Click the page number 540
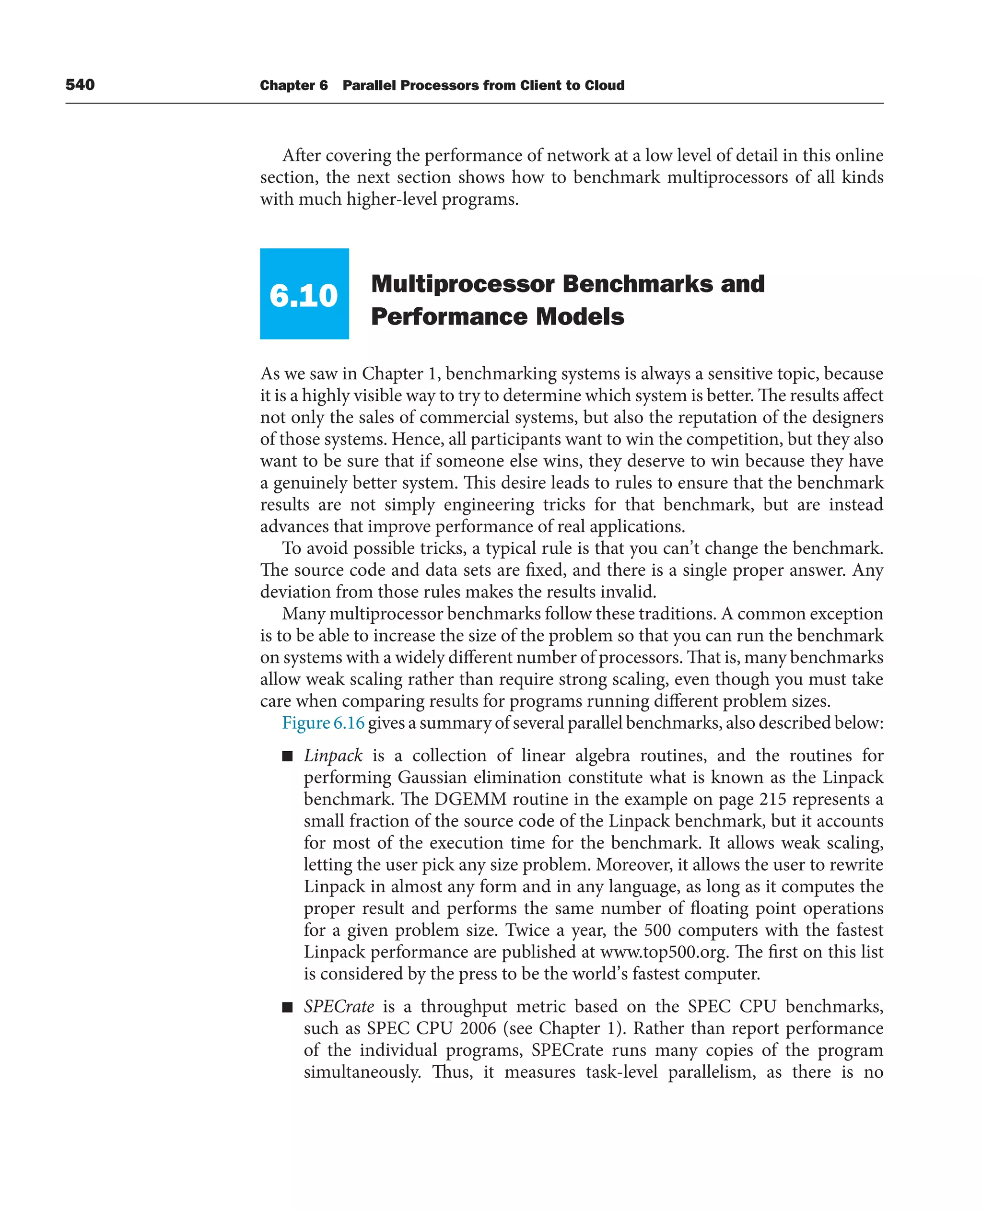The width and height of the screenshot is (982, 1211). click(x=80, y=85)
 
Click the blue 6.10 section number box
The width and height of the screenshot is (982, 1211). click(x=304, y=294)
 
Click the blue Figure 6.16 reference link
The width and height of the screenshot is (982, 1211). click(x=323, y=723)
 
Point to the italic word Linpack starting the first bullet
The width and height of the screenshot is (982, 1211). click(x=333, y=756)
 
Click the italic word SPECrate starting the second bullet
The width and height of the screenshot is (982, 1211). click(x=338, y=1007)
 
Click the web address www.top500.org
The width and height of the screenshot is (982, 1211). click(x=664, y=952)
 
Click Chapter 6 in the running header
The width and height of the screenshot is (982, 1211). click(x=293, y=85)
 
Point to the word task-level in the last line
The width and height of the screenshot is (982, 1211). click(x=621, y=1072)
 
